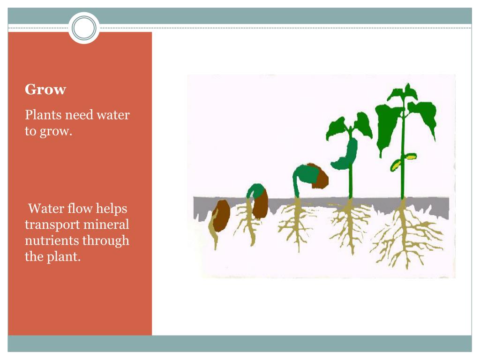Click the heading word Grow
pos(45,89)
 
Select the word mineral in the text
pos(106,225)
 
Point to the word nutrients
pos(52,241)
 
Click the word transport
pos(52,225)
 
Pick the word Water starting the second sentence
pos(46,208)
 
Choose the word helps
pos(112,208)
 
